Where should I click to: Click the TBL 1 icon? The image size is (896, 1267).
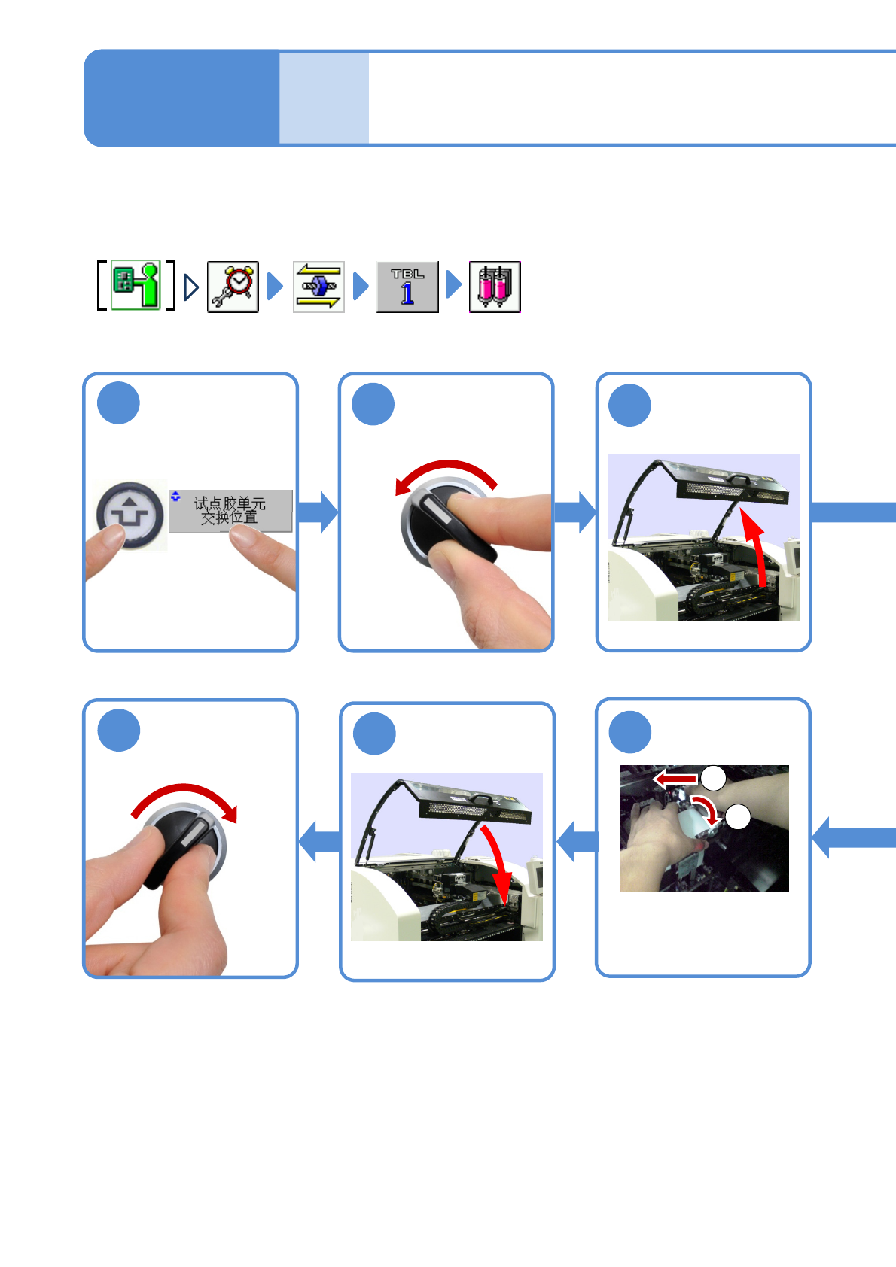(x=407, y=287)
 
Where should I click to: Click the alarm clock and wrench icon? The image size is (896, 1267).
(x=233, y=287)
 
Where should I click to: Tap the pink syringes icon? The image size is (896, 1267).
(x=495, y=287)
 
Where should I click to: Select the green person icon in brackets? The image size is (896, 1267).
(x=136, y=285)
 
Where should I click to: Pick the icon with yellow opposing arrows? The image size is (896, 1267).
(x=318, y=287)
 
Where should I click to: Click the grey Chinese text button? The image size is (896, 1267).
(x=230, y=511)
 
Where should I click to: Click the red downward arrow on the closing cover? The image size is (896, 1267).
(x=497, y=865)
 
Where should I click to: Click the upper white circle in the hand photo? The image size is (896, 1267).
(x=714, y=778)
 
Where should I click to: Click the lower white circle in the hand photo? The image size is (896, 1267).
(x=738, y=816)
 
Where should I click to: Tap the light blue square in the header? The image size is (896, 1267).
(x=324, y=98)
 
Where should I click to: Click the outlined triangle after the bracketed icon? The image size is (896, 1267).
(x=191, y=287)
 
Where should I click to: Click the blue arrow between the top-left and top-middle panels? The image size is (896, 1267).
(x=318, y=512)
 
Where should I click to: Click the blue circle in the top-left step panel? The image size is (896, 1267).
(x=118, y=403)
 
